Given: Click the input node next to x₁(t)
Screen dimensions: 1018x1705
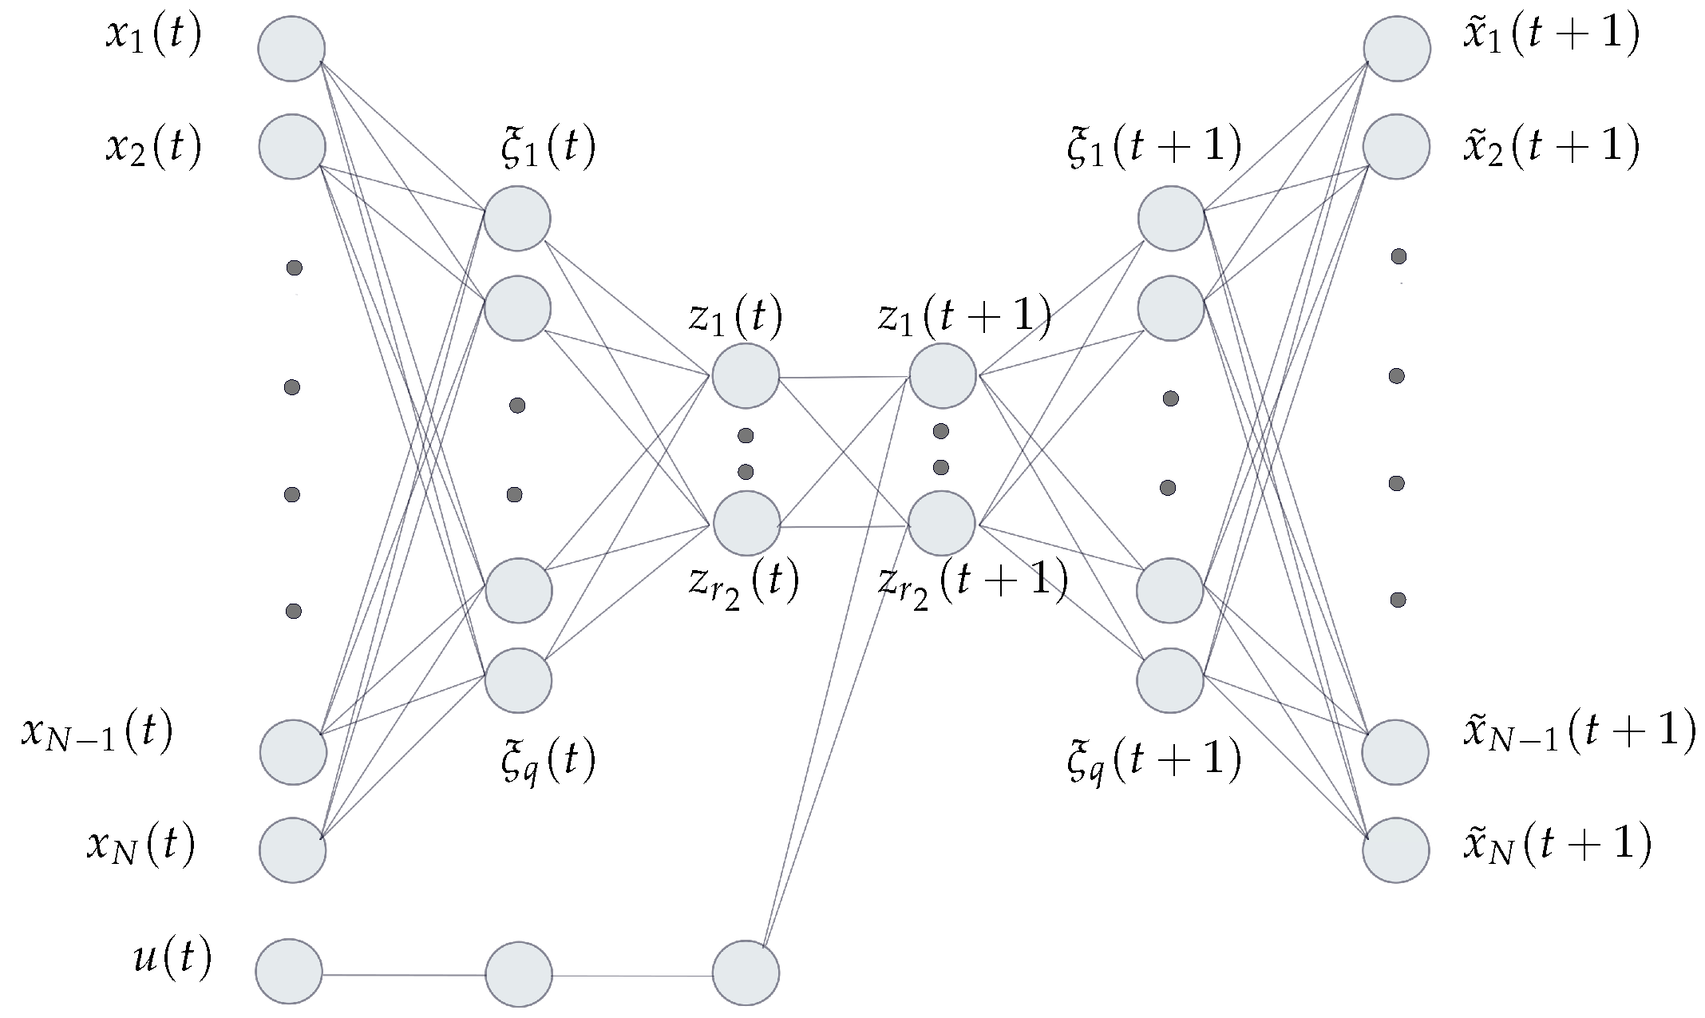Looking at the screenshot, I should [291, 49].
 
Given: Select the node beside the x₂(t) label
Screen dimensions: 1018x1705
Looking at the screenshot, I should [292, 146].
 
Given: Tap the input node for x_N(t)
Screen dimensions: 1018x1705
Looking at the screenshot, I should [293, 850].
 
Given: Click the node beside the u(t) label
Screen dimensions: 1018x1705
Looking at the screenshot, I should [289, 972].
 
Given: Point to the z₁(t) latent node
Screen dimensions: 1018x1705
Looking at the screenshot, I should [746, 376].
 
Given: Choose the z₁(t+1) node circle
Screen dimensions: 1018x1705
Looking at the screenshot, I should [943, 375].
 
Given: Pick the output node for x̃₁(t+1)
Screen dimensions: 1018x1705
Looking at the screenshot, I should [1396, 49].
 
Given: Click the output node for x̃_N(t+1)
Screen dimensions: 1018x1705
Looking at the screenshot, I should [1396, 850].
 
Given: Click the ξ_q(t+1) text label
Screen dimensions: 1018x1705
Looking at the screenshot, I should [1154, 761].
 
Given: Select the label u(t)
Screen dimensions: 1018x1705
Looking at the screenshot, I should [172, 958].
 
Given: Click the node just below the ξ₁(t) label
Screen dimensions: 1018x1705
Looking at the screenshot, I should [517, 218].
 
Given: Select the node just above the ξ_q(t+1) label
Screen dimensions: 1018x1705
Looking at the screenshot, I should [1170, 680].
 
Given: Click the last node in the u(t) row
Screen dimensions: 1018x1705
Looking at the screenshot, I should [746, 972].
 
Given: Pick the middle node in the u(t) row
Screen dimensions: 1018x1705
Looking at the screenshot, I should [519, 974].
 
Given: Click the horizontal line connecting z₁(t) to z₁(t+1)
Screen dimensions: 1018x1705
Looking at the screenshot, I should [844, 377].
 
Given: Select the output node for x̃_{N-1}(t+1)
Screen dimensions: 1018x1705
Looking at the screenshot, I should [1395, 752].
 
